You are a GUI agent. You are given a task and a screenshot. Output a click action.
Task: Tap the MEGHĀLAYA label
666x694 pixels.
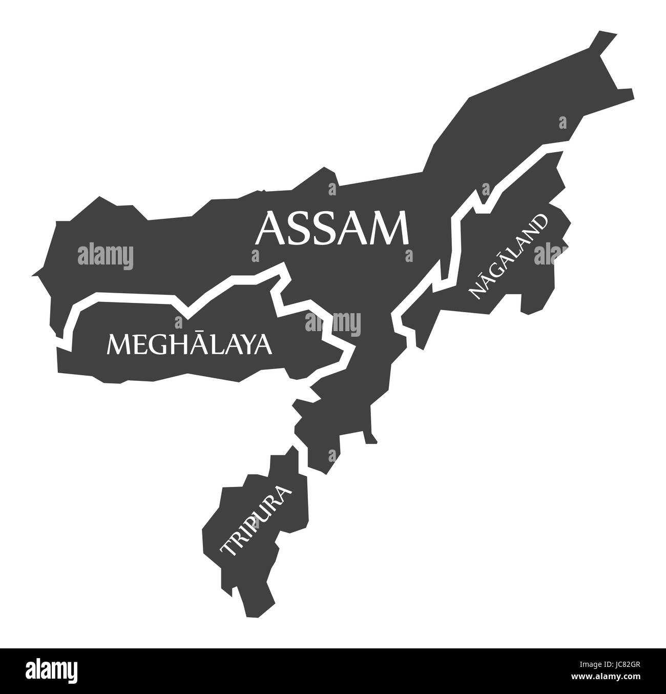189,344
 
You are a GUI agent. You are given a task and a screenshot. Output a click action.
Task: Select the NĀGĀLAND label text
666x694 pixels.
508,256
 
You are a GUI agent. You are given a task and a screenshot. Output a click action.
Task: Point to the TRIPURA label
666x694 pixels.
256,521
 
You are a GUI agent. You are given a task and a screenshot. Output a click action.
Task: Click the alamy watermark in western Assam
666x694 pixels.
106,255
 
